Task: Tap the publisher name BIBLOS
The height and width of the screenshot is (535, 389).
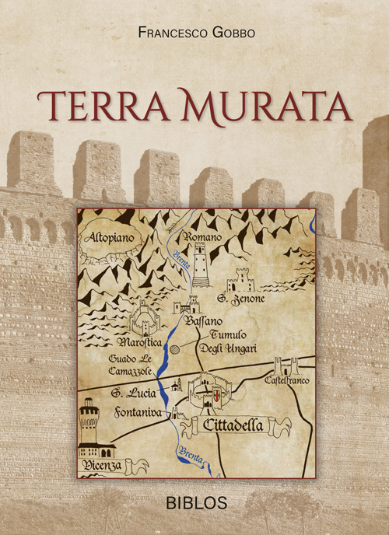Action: (x=196, y=502)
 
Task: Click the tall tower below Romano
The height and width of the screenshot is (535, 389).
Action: (x=201, y=265)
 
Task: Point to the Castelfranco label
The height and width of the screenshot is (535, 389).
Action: (x=287, y=382)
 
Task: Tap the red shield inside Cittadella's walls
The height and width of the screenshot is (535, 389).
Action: (x=216, y=400)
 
